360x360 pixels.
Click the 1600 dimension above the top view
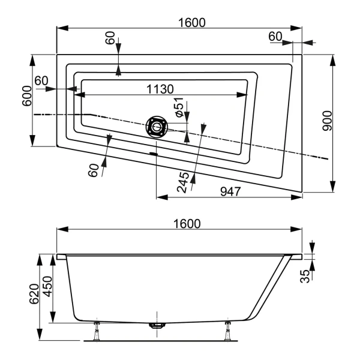[x=191, y=22]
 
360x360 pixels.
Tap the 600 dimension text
[x=26, y=95]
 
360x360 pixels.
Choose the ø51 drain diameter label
[x=178, y=107]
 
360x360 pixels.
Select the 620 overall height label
[x=32, y=293]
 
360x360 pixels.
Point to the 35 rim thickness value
[x=305, y=276]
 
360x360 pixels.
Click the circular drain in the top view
[x=157, y=127]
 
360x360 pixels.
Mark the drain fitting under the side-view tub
[x=157, y=326]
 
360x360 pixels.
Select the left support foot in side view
[x=96, y=329]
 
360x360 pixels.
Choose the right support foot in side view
[x=228, y=329]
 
